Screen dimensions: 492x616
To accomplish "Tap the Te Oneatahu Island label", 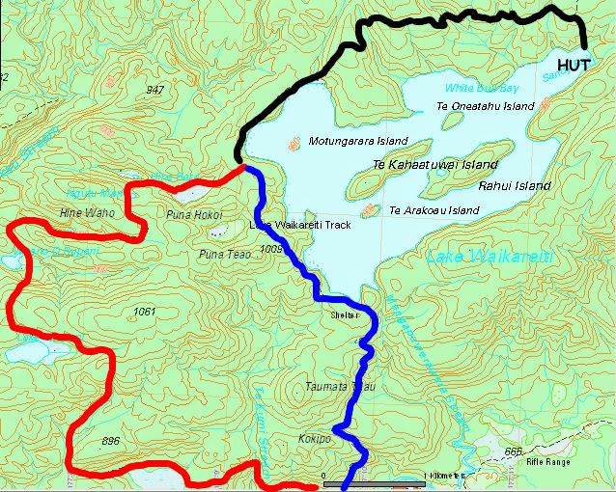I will pyautogui.click(x=485, y=106).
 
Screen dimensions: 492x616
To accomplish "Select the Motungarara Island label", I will pyautogui.click(x=357, y=141).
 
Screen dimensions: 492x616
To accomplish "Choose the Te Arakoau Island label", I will pyautogui.click(x=434, y=209).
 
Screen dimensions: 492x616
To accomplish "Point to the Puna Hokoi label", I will pyautogui.click(x=194, y=214).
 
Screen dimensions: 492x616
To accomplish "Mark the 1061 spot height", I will pyautogui.click(x=145, y=311).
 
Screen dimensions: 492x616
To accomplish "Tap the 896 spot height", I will pyautogui.click(x=110, y=441).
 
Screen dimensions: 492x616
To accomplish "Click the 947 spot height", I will pyautogui.click(x=154, y=90).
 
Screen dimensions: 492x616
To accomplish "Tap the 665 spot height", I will pyautogui.click(x=512, y=451).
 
